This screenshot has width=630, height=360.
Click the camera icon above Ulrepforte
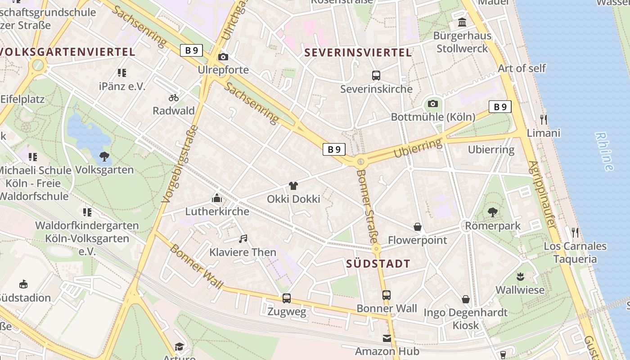point(223,57)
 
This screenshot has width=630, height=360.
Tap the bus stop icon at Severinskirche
point(376,76)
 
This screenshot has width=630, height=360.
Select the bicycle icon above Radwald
point(174,98)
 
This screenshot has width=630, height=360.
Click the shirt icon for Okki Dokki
point(293,185)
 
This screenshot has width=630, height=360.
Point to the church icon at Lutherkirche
point(217,198)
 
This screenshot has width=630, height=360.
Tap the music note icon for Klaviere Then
point(243,238)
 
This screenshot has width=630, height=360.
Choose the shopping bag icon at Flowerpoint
point(418,227)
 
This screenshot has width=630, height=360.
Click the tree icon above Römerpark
point(493,212)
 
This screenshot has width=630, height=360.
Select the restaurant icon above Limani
point(544,119)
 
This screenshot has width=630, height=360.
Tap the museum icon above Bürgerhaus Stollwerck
point(462,22)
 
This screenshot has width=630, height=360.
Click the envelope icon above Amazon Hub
point(387,338)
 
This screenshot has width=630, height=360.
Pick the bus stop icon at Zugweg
point(287,298)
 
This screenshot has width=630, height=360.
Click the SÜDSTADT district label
point(378,264)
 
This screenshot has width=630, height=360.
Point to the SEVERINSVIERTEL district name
point(358,53)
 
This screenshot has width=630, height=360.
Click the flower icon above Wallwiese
point(521,277)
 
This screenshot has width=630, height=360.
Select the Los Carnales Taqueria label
point(575,252)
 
